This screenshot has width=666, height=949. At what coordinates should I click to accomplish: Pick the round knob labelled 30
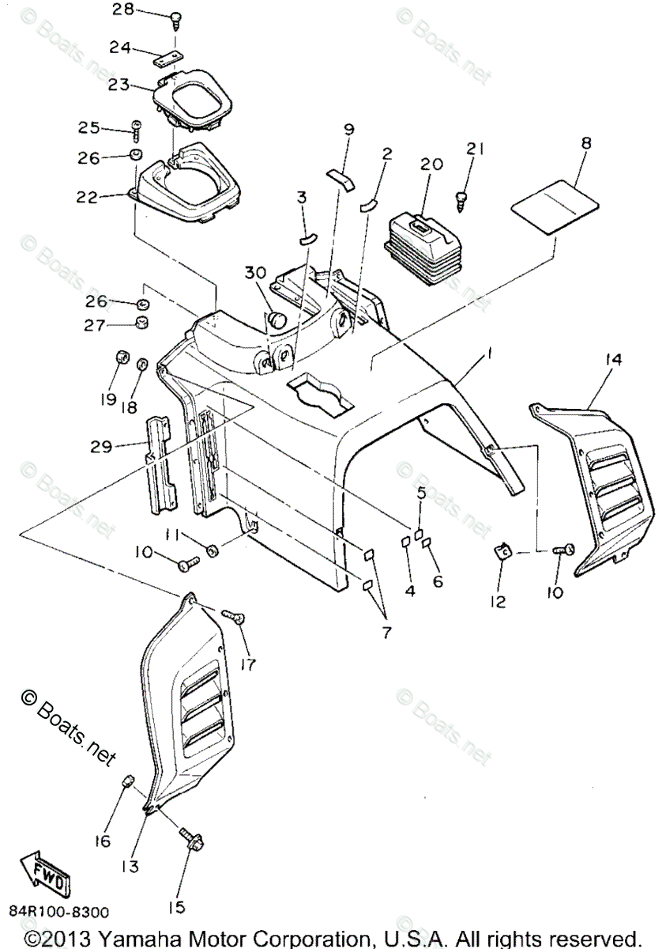(277, 319)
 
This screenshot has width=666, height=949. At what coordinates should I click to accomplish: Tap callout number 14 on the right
(613, 360)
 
